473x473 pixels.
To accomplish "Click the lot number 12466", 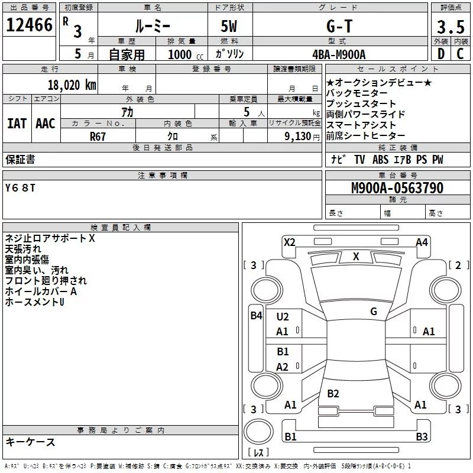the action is click(x=29, y=26).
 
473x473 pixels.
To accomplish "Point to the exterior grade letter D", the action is click(x=441, y=54).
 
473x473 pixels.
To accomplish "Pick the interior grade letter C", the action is click(x=460, y=54).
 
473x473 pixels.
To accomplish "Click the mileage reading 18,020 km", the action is click(x=72, y=85).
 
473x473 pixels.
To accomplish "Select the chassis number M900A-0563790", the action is click(x=397, y=188).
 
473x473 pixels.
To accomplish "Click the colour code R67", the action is click(x=98, y=135).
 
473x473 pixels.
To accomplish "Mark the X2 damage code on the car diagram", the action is click(x=289, y=242).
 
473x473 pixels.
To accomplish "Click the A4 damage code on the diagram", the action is click(x=422, y=242).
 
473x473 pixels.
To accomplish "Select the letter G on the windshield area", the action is click(x=374, y=311).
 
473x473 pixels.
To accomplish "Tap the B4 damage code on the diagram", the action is click(x=255, y=315).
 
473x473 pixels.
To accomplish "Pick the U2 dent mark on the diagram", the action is click(x=283, y=317).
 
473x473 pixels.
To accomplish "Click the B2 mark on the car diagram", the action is click(x=333, y=393).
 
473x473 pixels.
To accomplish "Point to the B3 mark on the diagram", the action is click(x=422, y=436).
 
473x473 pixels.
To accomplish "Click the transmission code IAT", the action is click(x=17, y=124).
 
